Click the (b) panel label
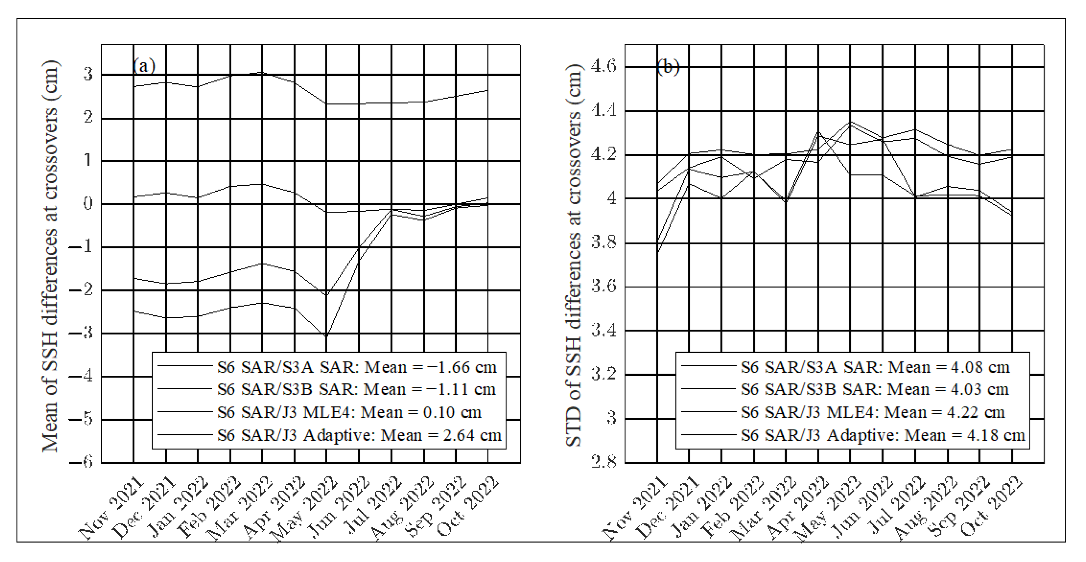[x=668, y=67]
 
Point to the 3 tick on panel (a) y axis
[x=88, y=74]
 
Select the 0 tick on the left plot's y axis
[x=88, y=204]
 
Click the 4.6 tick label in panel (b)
[x=604, y=66]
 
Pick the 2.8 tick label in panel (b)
[x=604, y=462]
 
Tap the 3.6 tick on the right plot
[x=604, y=286]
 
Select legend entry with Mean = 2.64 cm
[x=359, y=435]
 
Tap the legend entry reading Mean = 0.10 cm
[x=349, y=412]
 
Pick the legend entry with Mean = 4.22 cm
[x=873, y=412]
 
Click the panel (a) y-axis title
[x=51, y=257]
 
